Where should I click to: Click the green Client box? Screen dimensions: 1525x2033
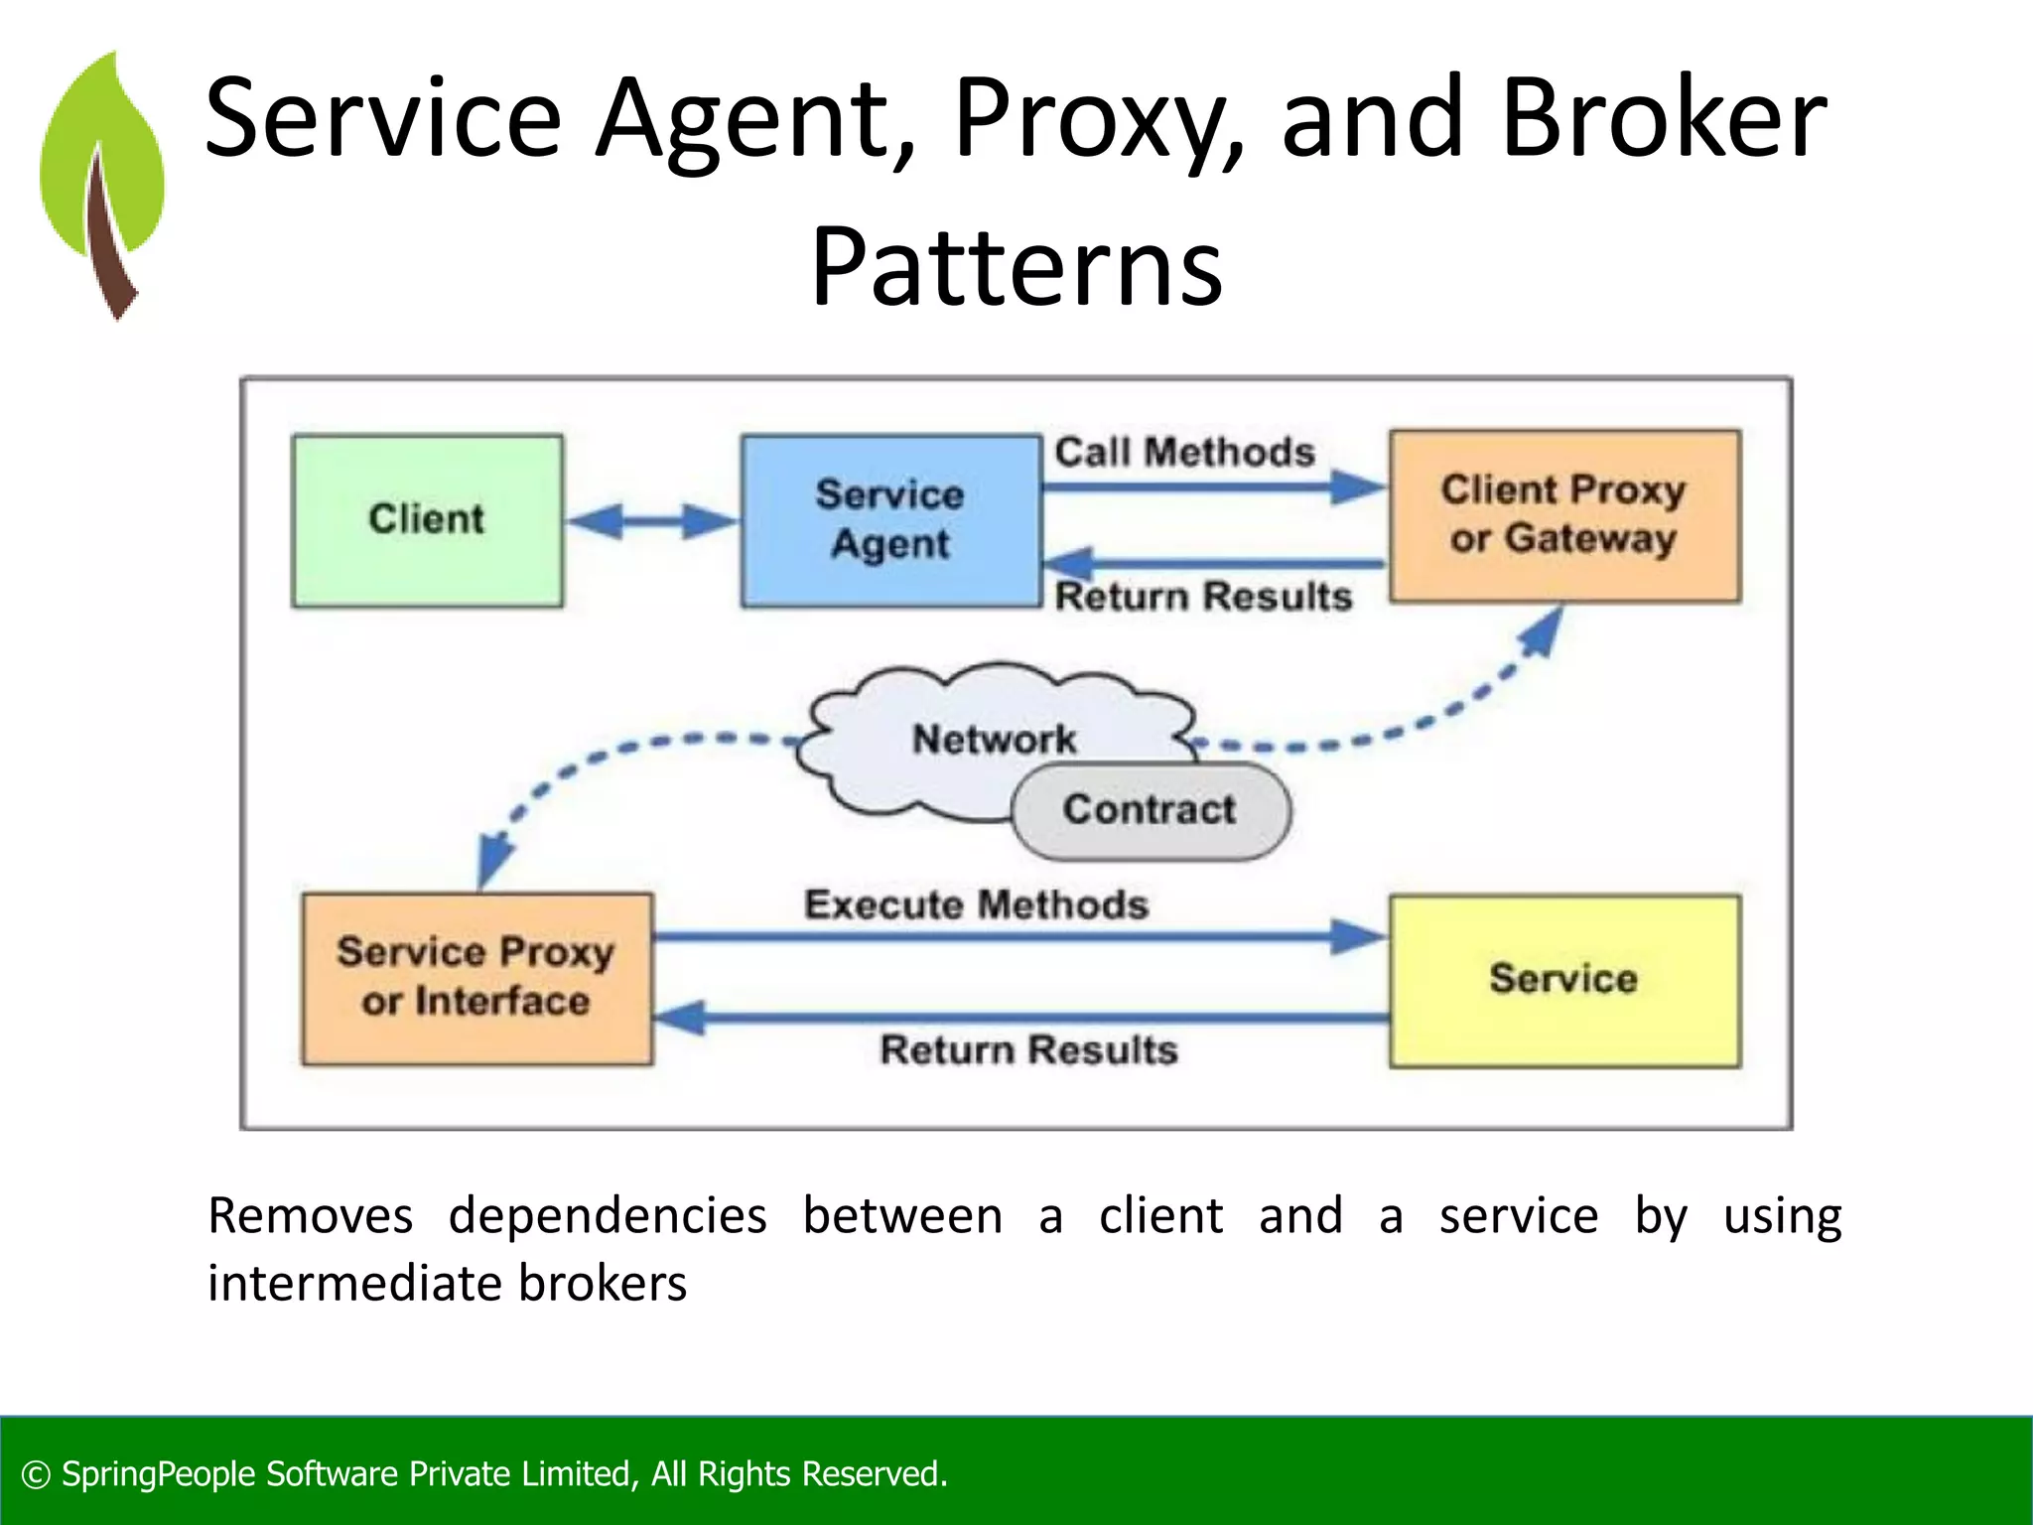pos(427,520)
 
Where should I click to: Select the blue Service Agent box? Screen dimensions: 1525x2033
pos(890,520)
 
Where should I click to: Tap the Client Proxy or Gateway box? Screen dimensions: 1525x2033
pos(1564,515)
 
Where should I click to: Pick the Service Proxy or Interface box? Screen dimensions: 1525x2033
pos(476,978)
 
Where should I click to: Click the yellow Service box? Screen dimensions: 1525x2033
pos(1564,980)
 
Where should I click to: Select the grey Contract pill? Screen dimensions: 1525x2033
pos(1150,810)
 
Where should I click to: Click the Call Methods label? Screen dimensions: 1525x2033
pos(1184,453)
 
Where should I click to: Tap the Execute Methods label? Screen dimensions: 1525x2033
pos(976,904)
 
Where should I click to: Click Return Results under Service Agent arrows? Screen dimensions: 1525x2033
pos(1203,597)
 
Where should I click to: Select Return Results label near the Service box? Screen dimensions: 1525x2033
pos(1028,1050)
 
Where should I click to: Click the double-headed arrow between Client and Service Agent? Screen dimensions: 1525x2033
pos(651,520)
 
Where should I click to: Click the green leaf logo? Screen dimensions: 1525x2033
pos(103,184)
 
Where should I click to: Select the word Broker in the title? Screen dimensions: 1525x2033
pos(1663,119)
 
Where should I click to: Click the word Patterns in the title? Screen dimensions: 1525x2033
pos(1016,268)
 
